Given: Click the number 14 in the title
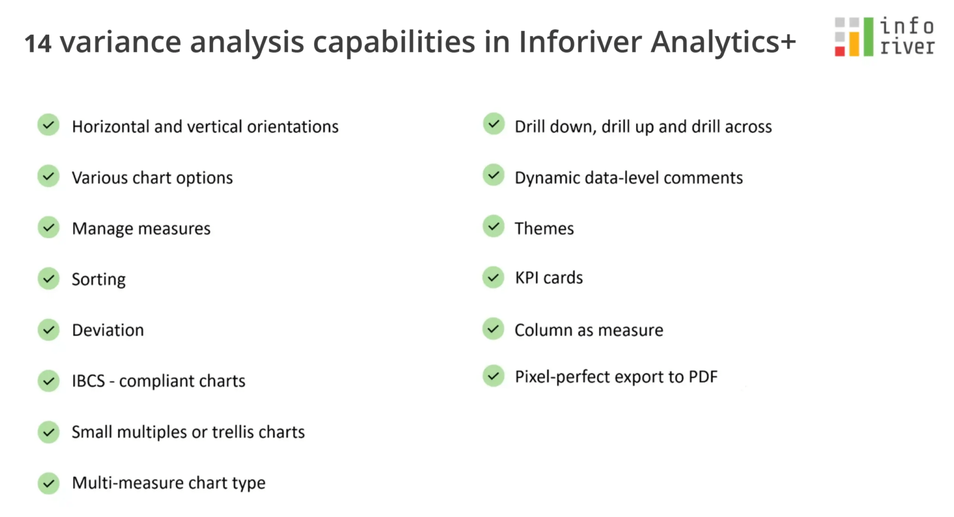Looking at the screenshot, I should tap(38, 43).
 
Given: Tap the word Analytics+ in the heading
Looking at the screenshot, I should tap(723, 42).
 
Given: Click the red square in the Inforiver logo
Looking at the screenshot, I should tap(840, 51).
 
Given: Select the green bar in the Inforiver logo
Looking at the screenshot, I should tap(868, 37).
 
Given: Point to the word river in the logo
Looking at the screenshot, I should tap(907, 47).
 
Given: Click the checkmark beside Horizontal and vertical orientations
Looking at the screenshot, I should tap(48, 125).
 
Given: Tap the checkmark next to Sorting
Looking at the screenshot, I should tap(48, 279).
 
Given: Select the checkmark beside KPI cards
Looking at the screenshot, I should tap(494, 277).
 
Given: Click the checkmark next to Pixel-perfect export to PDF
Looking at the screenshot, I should tap(494, 375).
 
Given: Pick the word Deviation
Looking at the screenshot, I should tap(107, 330).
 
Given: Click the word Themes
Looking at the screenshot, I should tap(544, 228).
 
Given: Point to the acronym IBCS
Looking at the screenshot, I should tap(88, 381).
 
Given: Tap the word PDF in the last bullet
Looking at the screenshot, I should tap(703, 377).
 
